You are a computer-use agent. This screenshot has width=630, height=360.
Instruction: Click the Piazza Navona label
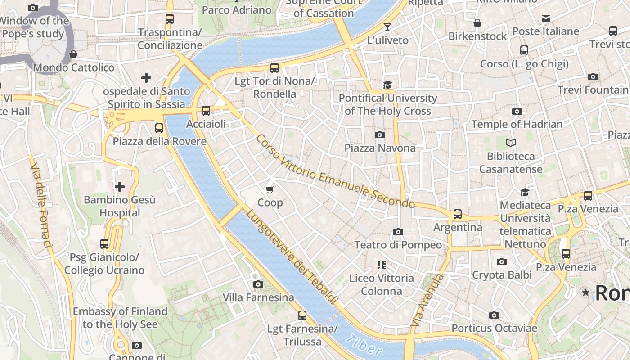(380, 148)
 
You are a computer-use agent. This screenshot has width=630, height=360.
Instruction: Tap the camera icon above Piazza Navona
(380, 135)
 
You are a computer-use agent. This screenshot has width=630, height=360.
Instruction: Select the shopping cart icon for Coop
(270, 189)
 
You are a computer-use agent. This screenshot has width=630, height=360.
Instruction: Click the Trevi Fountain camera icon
(593, 76)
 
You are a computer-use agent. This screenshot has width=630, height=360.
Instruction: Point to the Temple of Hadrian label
(517, 124)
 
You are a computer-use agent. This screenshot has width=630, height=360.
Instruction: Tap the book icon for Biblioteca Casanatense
(511, 143)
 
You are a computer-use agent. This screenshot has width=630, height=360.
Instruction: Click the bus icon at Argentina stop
(458, 214)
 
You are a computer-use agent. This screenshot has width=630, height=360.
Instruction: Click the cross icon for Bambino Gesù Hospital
(120, 186)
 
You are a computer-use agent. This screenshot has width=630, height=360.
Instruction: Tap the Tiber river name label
(365, 346)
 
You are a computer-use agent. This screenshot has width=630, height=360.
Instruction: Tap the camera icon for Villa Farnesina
(258, 284)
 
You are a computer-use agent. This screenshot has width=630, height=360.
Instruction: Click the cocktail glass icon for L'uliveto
(387, 27)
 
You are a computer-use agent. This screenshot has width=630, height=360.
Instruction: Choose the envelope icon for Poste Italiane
(546, 18)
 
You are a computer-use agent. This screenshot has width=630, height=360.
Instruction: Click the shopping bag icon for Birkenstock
(477, 23)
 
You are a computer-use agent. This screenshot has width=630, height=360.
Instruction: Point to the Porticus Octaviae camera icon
(494, 315)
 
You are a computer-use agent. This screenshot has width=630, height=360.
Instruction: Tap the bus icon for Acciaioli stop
(206, 111)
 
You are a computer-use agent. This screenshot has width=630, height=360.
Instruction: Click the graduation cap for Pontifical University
(387, 85)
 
